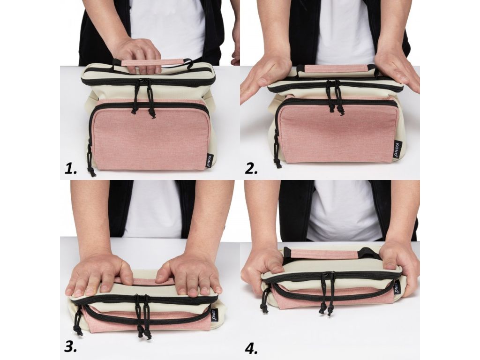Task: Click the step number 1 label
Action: coord(71,169)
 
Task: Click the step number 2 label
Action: coord(251,169)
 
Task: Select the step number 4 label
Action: coord(251,348)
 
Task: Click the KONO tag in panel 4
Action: coord(397,287)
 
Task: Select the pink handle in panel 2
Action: coord(336,68)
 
